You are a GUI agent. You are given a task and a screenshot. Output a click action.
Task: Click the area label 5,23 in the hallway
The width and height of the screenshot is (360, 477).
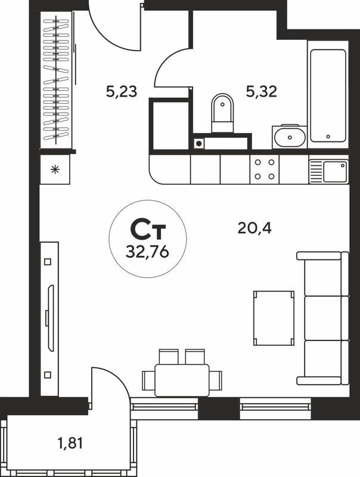click(122, 91)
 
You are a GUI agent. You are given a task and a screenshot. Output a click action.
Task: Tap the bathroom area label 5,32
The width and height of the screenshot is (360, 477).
click(262, 91)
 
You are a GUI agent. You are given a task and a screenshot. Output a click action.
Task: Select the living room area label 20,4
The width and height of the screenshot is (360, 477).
click(255, 228)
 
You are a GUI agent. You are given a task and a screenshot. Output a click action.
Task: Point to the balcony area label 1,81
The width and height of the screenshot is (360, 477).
click(70, 443)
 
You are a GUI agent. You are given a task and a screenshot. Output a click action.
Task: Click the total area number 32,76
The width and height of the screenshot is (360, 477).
click(147, 252)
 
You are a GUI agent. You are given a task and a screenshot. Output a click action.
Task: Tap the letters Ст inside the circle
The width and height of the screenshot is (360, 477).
click(148, 230)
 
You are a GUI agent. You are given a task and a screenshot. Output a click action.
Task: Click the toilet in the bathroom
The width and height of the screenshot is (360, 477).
click(222, 113)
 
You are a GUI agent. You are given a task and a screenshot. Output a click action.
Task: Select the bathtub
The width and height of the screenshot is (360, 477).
click(328, 95)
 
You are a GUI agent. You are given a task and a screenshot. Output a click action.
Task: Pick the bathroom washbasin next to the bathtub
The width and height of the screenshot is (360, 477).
click(290, 137)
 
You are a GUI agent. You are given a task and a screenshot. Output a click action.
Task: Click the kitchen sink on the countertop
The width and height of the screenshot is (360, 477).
click(329, 172)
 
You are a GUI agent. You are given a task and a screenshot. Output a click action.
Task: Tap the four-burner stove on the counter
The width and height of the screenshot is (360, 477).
click(265, 169)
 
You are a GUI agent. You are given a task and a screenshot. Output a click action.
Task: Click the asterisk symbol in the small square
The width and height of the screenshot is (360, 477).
click(55, 169)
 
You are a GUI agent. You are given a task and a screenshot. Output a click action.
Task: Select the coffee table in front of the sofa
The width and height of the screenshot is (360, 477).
click(274, 318)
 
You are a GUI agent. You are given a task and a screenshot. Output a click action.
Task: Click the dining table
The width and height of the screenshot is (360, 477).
click(182, 380)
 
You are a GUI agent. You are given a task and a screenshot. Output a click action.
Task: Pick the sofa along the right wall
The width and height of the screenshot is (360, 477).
click(323, 318)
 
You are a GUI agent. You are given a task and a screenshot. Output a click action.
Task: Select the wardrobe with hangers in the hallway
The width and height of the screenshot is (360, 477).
click(56, 80)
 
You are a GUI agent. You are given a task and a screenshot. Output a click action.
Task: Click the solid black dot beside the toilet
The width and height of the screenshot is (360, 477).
click(198, 143)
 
